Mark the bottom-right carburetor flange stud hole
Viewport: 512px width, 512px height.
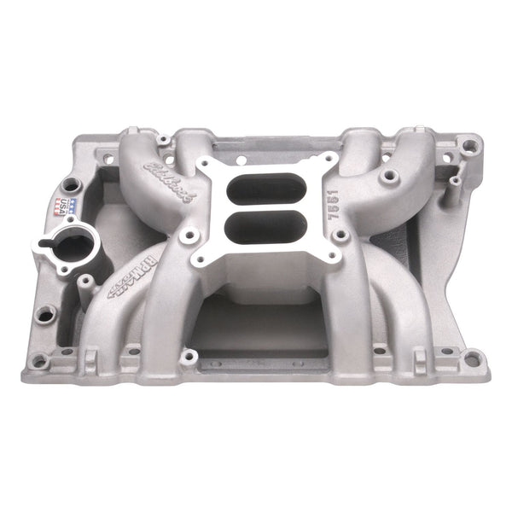click(x=335, y=254)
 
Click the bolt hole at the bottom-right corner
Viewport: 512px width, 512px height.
click(x=472, y=358)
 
